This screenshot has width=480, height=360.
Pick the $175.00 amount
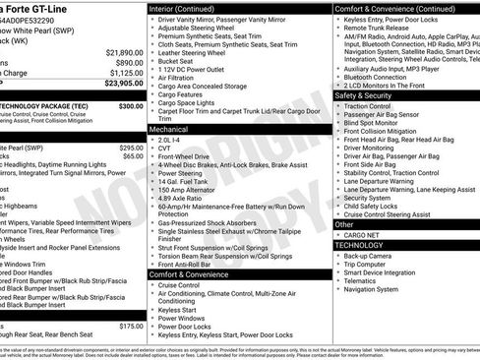pyautogui.click(x=131, y=326)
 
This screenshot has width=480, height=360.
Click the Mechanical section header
pyautogui.click(x=169, y=129)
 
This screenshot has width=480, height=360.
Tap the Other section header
pyautogui.click(x=345, y=224)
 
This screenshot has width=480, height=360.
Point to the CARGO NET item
pyautogui.click(x=362, y=235)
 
